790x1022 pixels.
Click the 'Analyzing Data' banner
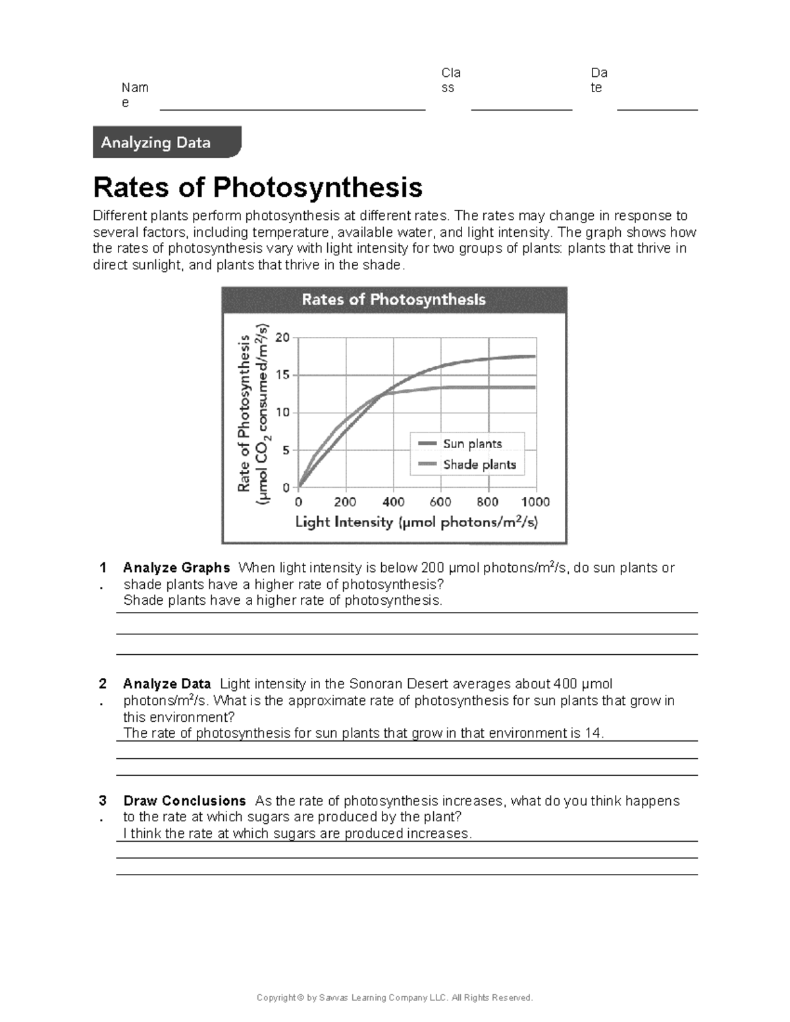click(156, 142)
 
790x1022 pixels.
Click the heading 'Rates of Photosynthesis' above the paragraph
click(257, 187)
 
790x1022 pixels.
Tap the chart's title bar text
click(394, 299)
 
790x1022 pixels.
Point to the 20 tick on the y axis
click(282, 338)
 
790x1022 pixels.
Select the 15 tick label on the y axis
click(282, 375)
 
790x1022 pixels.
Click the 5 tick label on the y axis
click(286, 451)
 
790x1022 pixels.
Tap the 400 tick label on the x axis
click(394, 502)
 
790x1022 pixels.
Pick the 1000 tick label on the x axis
click(535, 502)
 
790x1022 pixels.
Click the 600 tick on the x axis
click(440, 502)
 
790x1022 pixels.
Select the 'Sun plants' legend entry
click(472, 444)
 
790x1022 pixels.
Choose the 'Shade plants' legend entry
click(479, 465)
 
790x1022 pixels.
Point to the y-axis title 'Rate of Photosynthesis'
click(244, 413)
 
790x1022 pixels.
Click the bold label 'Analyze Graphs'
click(176, 568)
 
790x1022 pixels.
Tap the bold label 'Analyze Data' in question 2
click(167, 684)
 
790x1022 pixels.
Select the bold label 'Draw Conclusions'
click(184, 801)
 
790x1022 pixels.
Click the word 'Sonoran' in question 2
click(374, 684)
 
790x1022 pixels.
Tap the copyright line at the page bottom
click(394, 998)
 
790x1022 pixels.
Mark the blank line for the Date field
click(657, 109)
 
